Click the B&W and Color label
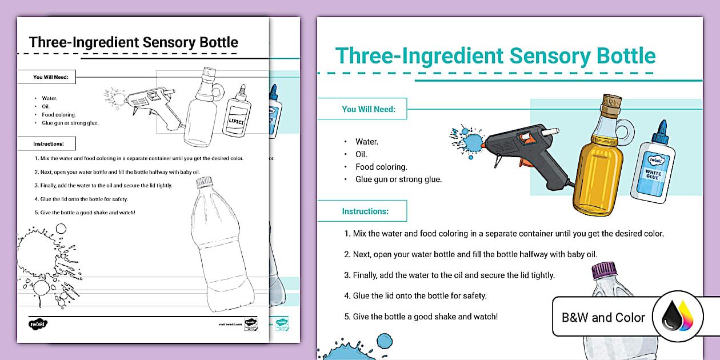point(603,318)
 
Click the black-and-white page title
point(134,42)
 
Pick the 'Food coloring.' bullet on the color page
point(381,167)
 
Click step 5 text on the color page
point(421,316)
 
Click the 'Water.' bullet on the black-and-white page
point(49,98)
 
